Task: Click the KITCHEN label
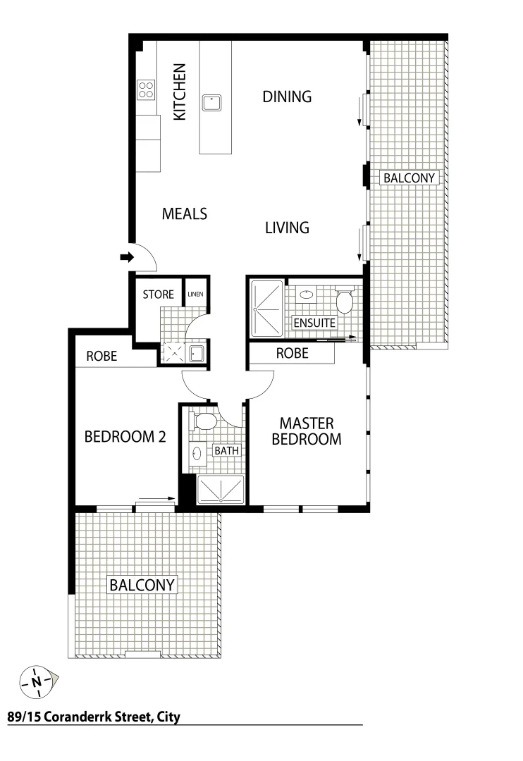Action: click(180, 92)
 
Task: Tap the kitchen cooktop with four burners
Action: click(147, 89)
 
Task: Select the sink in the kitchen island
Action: click(211, 103)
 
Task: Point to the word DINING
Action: click(287, 97)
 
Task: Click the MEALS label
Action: click(185, 214)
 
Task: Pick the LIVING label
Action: click(287, 228)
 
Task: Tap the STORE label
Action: click(158, 294)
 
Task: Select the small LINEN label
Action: click(195, 294)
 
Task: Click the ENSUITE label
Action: click(315, 323)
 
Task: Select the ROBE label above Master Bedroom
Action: click(292, 354)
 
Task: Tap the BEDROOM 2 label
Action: click(125, 437)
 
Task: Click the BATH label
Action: click(226, 450)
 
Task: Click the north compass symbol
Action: click(37, 681)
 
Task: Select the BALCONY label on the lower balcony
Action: click(142, 585)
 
